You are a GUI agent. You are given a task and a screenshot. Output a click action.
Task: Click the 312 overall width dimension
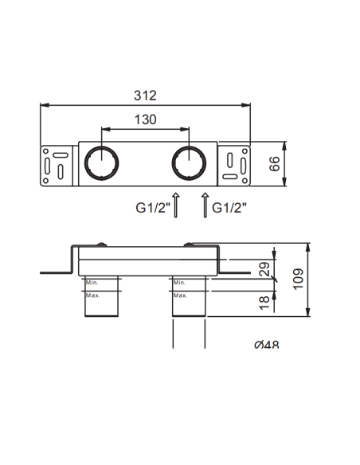[x=145, y=95]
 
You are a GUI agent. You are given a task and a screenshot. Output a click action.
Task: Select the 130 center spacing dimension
[x=144, y=120]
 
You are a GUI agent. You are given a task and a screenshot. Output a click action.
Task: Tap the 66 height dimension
[x=274, y=165]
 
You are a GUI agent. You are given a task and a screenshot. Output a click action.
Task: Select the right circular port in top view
[x=188, y=163]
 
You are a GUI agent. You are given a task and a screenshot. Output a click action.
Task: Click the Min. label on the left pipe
[x=92, y=282]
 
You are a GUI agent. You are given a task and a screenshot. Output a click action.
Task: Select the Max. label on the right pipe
[x=180, y=295]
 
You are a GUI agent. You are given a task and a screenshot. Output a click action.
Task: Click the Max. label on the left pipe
[x=92, y=295]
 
